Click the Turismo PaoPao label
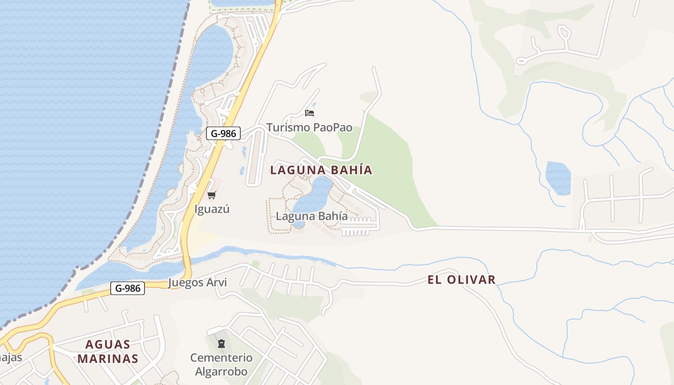(309, 128)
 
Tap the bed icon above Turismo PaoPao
(310, 113)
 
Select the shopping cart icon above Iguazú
(211, 195)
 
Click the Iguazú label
(212, 209)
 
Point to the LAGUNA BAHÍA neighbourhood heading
(321, 170)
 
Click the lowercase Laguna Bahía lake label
(311, 216)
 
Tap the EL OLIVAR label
(461, 280)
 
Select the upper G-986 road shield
(223, 133)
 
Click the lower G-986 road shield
(128, 288)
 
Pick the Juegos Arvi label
(197, 282)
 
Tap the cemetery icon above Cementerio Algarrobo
(221, 344)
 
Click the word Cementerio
(221, 358)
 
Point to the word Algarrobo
(221, 372)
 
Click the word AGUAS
(108, 345)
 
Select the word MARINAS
(108, 359)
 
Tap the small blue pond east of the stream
(558, 178)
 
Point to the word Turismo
(288, 128)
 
